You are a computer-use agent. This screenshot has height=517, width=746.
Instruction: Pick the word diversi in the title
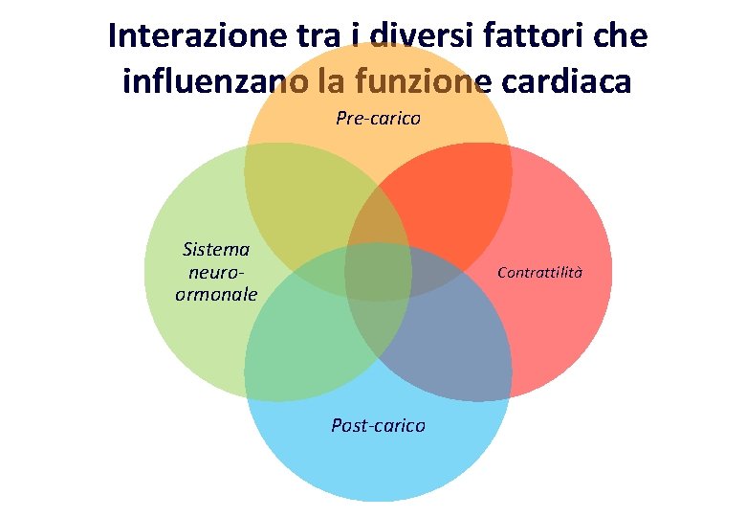[418, 36]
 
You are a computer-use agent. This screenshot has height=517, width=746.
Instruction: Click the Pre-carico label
[378, 119]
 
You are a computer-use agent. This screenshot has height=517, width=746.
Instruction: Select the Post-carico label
[378, 425]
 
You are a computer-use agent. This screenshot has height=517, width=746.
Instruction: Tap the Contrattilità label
[539, 273]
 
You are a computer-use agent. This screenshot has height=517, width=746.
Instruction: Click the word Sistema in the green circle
[216, 250]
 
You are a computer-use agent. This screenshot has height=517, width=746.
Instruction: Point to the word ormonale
[216, 294]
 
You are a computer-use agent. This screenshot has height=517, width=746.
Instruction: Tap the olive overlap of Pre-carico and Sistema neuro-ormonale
[306, 206]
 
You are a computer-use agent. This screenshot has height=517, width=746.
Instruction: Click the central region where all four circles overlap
[378, 273]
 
